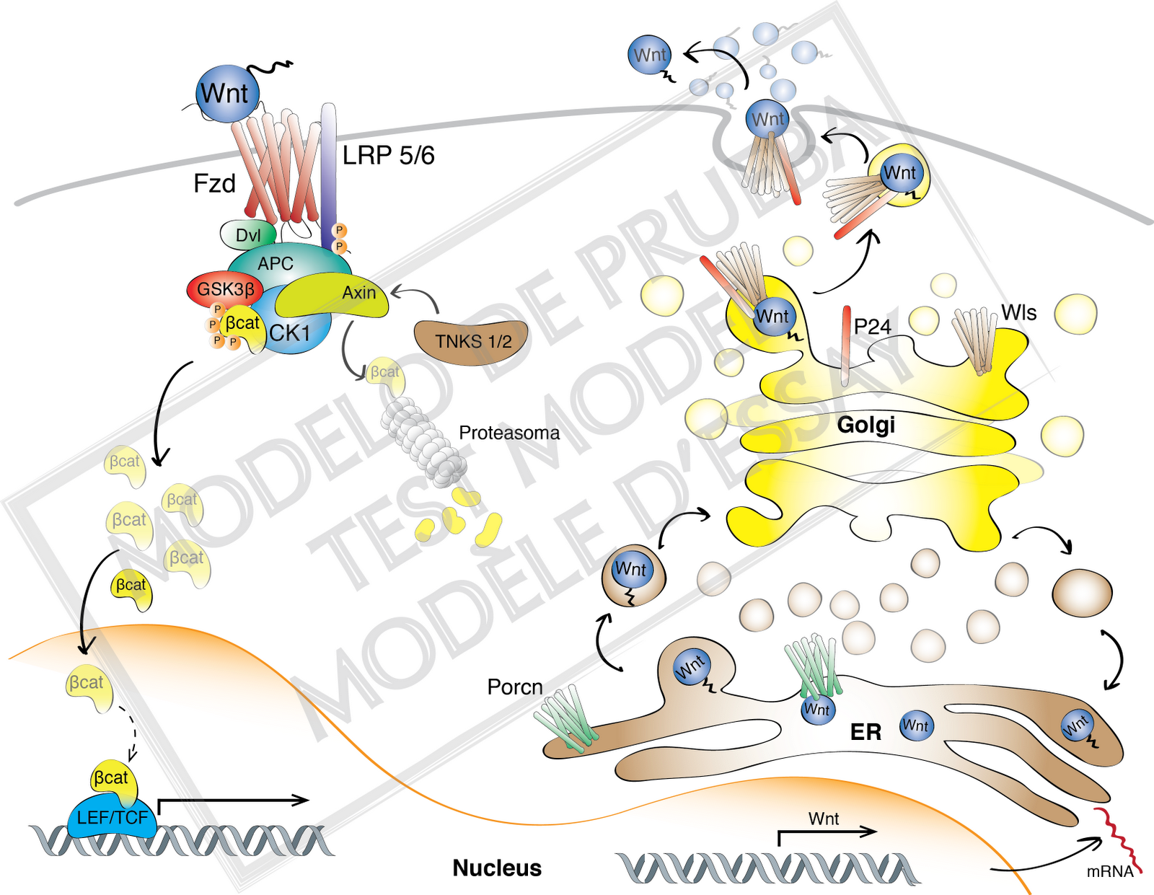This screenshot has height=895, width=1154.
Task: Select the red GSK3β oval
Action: pos(225,290)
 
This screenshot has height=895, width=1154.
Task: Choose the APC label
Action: pos(276,263)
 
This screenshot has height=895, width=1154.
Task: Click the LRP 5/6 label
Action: pos(388,155)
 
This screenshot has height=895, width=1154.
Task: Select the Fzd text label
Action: pos(214,183)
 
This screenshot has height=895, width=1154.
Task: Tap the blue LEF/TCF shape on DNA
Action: pos(113,819)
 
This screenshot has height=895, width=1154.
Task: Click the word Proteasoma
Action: pos(509,433)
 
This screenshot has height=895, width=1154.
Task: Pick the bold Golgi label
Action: pos(865,424)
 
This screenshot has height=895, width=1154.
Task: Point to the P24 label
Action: pos(872,327)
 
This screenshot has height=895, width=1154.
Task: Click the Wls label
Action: pos(1018,313)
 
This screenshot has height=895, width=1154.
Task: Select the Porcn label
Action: pos(515,687)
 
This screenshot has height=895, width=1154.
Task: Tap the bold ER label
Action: pos(865,732)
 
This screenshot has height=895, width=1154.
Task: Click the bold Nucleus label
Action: pos(497,868)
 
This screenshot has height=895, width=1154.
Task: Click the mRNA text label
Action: pos(1109,871)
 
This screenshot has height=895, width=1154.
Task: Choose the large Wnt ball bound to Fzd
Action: pos(226,94)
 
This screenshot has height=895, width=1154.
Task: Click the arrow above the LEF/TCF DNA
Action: pos(231,801)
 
